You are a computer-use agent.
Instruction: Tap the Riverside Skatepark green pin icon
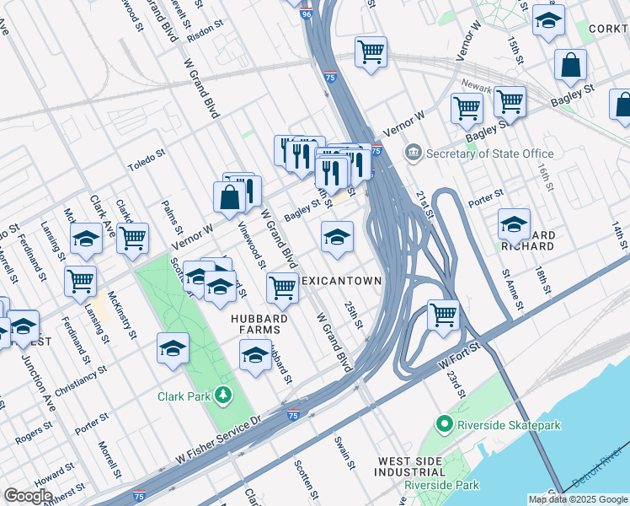444,424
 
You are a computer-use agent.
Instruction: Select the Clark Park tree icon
222,395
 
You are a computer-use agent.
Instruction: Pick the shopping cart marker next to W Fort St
443,315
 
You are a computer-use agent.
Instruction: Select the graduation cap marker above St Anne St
514,224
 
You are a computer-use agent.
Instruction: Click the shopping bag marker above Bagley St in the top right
571,63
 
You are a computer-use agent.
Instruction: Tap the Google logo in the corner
28,496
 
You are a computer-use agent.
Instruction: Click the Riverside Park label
441,485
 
